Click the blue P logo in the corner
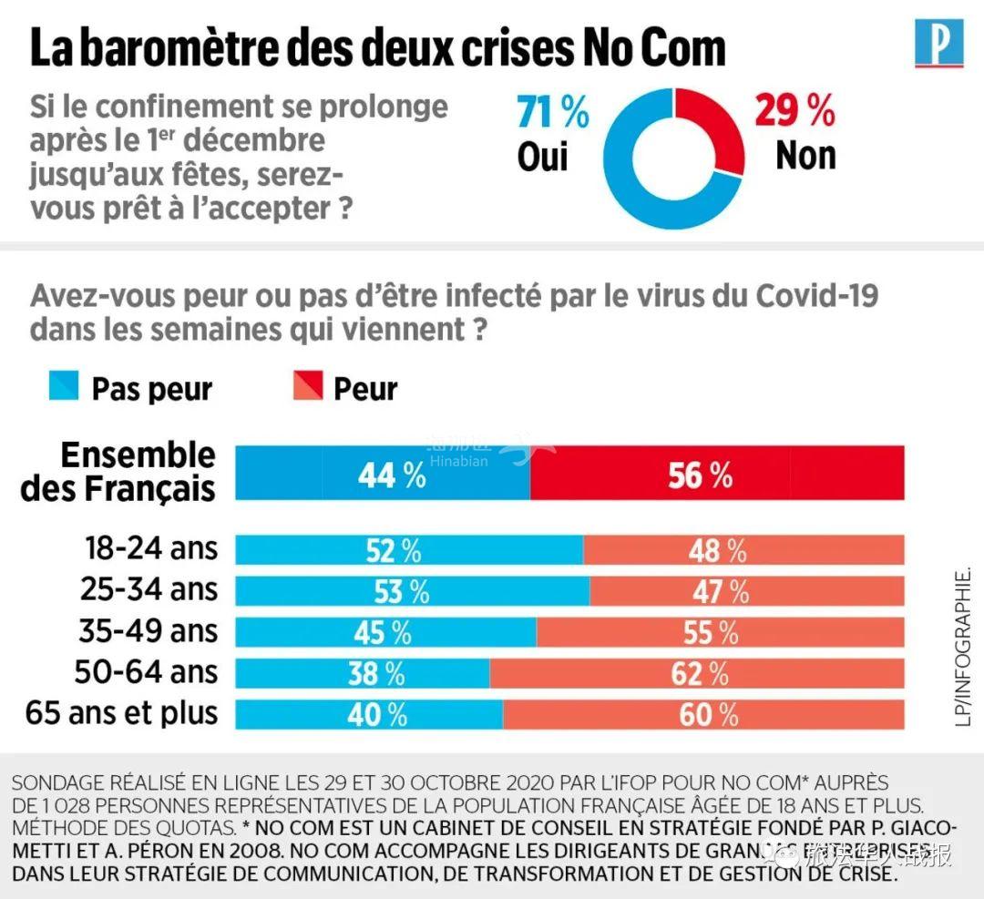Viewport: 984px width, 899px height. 938,43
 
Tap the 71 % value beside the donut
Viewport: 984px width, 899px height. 553,113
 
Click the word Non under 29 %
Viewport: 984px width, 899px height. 805,156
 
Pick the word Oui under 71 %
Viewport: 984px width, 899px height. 542,156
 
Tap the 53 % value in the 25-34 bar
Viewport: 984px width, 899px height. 401,591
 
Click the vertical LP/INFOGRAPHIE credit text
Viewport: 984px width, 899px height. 964,646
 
